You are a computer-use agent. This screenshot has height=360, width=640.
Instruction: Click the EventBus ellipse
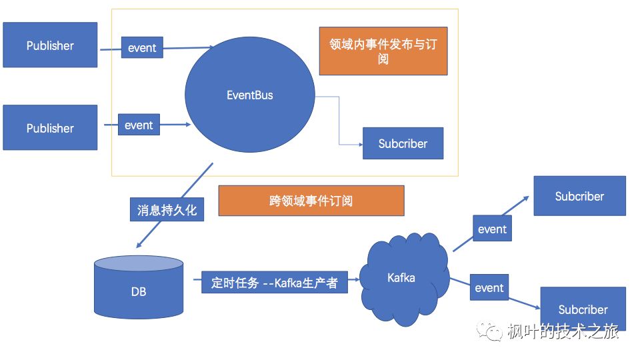point(249,95)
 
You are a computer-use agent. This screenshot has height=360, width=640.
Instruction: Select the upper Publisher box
point(50,45)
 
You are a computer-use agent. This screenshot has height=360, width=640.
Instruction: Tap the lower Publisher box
point(50,127)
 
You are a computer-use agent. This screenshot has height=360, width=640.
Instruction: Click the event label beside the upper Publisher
point(142,48)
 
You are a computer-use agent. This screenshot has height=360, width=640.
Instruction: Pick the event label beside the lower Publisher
point(139,125)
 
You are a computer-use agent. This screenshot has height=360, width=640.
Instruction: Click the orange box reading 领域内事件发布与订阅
point(383,51)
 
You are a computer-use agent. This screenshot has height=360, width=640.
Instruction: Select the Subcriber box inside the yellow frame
point(403,143)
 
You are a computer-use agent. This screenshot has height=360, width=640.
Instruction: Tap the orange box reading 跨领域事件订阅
point(311,201)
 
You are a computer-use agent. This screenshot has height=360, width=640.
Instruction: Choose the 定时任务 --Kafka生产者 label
point(274,283)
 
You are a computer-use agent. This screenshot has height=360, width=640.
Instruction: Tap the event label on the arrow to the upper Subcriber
point(492,229)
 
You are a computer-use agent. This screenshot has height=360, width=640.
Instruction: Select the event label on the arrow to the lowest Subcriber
point(489,288)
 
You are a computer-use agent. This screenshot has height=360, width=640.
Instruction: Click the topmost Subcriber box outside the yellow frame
point(579,196)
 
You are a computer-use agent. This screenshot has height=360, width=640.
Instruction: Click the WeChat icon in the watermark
point(493,331)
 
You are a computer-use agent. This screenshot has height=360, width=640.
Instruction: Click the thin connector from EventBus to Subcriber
point(339,120)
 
